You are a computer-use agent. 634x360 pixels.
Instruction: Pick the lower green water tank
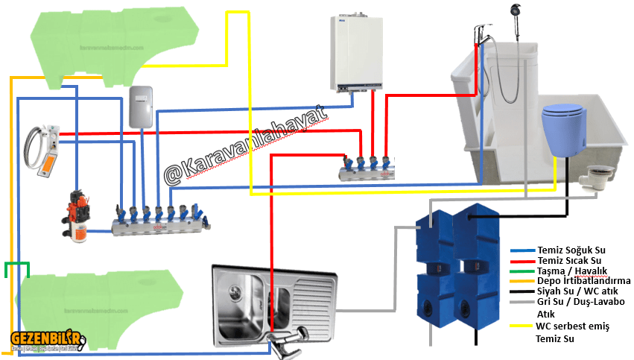click(101, 299)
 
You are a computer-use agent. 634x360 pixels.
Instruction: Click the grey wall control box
click(141, 107)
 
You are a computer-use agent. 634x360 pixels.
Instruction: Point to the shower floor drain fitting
click(600, 172)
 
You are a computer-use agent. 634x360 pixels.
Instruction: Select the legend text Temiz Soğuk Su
click(570, 250)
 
